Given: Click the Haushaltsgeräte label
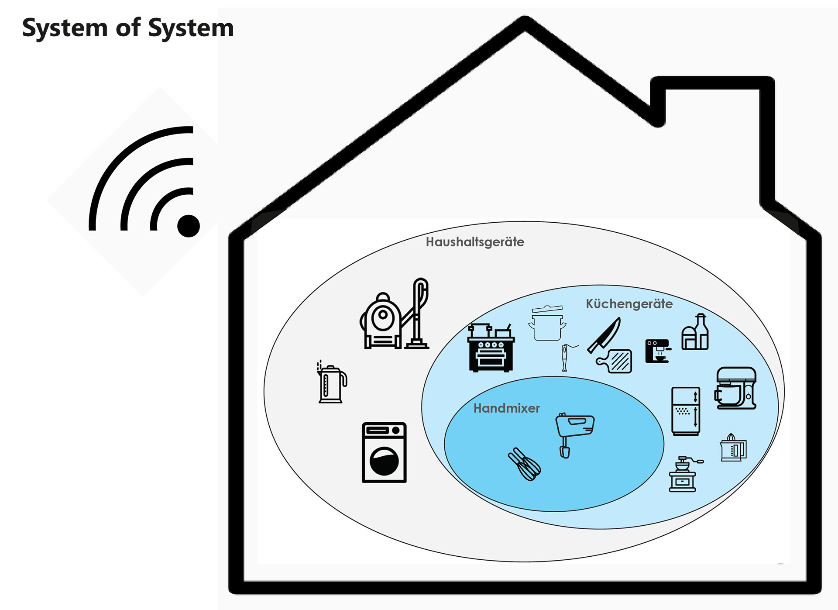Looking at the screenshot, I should click(475, 242).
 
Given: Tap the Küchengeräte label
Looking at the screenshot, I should click(629, 304).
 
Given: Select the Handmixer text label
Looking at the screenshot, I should click(506, 408).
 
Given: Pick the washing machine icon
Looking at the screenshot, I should click(384, 452).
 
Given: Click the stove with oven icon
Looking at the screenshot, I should click(491, 348).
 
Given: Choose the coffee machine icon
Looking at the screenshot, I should click(657, 351).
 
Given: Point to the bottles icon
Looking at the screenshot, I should click(695, 333).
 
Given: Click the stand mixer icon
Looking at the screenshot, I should click(736, 388).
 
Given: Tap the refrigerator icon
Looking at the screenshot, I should click(686, 411).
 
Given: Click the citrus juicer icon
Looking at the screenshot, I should click(733, 448).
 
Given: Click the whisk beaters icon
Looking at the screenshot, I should click(525, 465).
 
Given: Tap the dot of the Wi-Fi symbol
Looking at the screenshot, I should click(189, 226).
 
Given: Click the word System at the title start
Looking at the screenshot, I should click(65, 28).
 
